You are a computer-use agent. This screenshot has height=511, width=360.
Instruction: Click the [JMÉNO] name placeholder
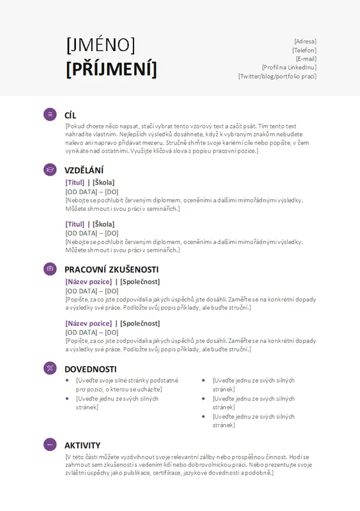(x=100, y=45)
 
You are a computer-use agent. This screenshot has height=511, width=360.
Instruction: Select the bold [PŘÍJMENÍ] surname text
(x=111, y=68)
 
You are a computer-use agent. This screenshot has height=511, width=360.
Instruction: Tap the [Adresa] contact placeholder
(x=305, y=42)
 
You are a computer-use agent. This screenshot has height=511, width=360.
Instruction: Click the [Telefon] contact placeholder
(x=304, y=50)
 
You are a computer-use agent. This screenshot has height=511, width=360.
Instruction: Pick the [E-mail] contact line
(x=306, y=59)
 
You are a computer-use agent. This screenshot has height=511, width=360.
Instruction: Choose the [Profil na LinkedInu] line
(x=289, y=67)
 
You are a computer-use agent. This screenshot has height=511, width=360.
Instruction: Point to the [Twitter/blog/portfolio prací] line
(x=277, y=76)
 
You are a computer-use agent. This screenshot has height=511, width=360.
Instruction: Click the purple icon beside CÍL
(x=50, y=114)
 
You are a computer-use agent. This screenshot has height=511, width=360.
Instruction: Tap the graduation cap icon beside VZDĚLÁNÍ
(x=50, y=169)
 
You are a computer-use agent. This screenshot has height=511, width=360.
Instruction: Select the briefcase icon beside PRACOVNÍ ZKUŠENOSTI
(x=50, y=269)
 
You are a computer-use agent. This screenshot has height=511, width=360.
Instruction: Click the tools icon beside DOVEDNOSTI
(x=50, y=368)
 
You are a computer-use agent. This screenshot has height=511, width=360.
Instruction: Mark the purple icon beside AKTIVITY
(x=50, y=445)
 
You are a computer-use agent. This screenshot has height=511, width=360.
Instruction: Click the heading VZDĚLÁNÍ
(x=84, y=170)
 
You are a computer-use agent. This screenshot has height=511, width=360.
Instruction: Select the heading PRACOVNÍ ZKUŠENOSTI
(x=111, y=270)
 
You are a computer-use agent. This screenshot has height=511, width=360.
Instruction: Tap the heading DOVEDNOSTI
(x=90, y=369)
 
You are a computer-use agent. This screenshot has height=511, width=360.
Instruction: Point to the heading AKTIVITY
(x=82, y=445)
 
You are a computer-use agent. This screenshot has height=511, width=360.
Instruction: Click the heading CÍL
(x=70, y=116)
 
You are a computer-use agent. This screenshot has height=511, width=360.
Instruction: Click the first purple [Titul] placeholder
(x=75, y=183)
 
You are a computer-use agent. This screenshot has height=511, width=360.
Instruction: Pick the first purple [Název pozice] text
(x=88, y=282)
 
